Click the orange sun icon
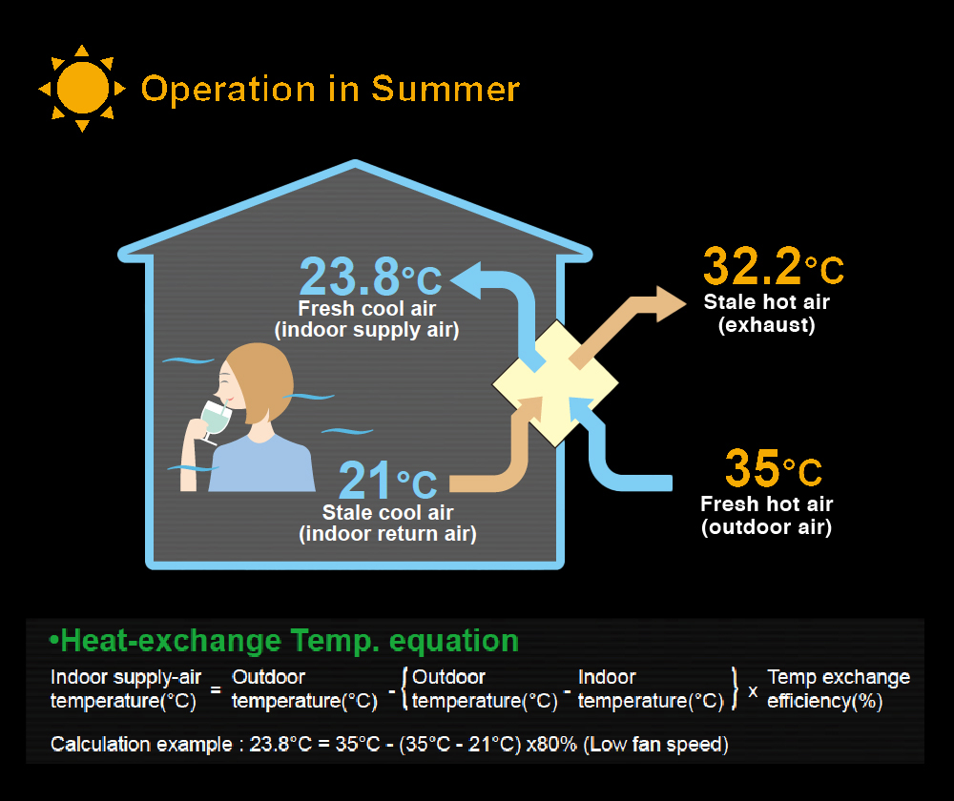point(82,88)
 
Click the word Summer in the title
point(446,90)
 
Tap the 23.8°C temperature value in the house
point(370,277)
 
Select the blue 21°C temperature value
point(387,480)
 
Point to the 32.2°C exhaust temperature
point(774,266)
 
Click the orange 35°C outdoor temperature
point(774,468)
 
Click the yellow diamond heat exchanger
point(555,383)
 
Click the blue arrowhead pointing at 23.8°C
point(467,279)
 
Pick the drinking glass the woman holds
point(214,421)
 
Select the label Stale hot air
point(767,301)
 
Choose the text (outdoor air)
point(767,526)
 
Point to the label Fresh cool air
point(367,308)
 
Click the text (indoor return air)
point(387,534)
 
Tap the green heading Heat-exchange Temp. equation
point(283,641)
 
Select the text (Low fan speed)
point(656,745)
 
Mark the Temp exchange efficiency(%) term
point(839,689)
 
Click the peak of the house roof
point(355,161)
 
